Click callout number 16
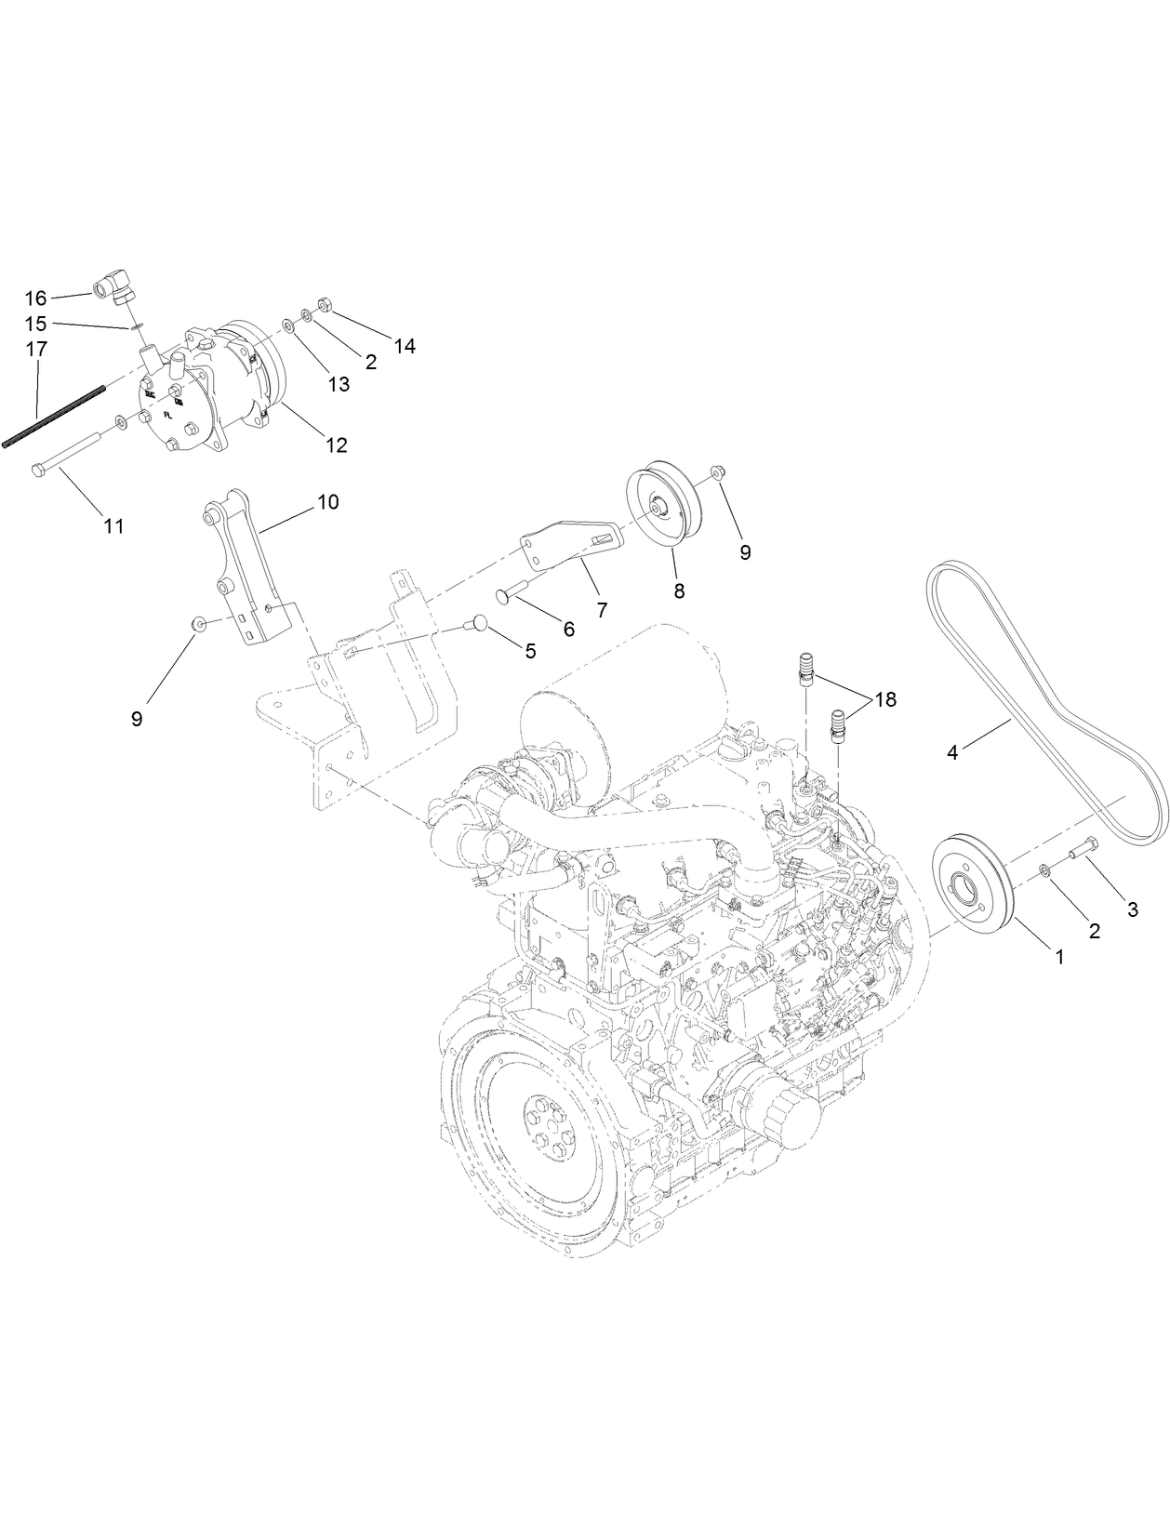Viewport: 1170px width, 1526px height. click(35, 299)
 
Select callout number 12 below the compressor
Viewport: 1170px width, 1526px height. click(336, 445)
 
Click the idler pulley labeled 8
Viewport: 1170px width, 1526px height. click(668, 508)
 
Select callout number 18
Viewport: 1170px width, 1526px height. click(884, 699)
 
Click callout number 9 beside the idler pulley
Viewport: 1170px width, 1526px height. click(744, 551)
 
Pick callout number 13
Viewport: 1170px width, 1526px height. click(339, 383)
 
